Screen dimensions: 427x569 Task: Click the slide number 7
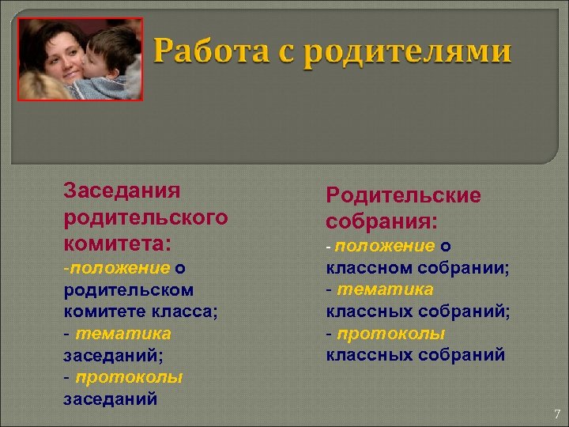(556, 414)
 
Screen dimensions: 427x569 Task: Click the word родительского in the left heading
(145, 214)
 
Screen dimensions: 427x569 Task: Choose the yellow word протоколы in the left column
(129, 378)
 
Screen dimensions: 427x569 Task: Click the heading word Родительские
(403, 195)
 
